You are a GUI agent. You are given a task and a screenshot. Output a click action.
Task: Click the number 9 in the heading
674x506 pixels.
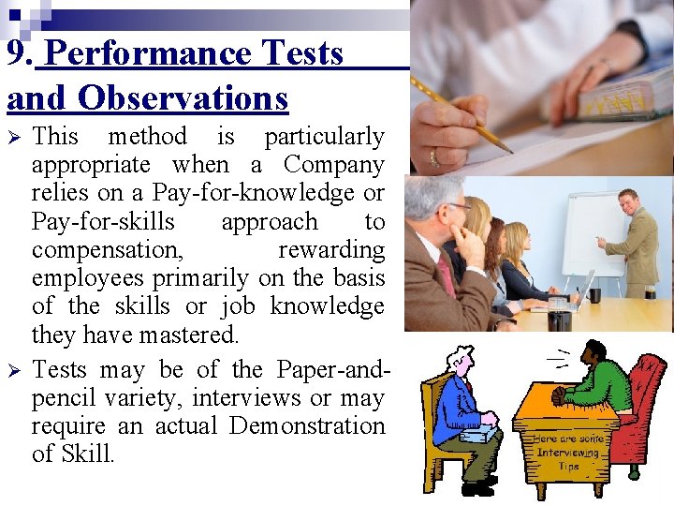coord(17,54)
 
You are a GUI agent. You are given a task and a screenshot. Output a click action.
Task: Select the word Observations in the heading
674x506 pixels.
coord(183,97)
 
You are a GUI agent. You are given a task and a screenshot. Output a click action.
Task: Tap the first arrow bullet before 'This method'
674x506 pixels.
coord(13,137)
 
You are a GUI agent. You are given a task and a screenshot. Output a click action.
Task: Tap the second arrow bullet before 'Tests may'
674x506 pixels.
coord(13,370)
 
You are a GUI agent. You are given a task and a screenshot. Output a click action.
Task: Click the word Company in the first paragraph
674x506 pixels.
coord(333,165)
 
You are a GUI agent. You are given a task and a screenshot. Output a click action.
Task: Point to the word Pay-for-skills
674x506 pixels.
coord(103,222)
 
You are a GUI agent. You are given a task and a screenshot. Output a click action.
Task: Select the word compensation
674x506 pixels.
coord(108,250)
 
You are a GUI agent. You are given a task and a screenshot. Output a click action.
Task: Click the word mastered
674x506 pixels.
coord(193,335)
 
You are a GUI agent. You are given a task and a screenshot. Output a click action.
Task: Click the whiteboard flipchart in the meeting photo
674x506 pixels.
coord(593,233)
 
